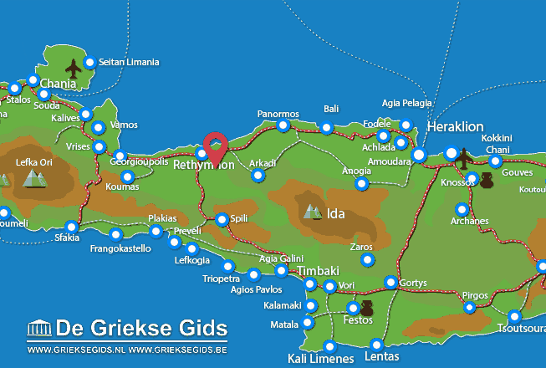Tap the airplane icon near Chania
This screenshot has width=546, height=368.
coord(73,68)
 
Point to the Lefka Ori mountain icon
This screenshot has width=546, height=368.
coord(34,178)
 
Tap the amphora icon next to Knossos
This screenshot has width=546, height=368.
coord(486,180)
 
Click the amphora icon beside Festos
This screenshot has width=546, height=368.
coord(365,309)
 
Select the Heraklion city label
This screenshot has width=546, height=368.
coord(455,126)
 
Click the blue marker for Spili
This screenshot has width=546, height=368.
coord(222,220)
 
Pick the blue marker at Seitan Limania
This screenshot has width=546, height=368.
coord(89,62)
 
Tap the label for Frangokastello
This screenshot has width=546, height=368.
coord(120,248)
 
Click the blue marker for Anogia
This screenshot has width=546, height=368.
coord(361,183)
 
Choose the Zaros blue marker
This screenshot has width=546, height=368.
coord(367,260)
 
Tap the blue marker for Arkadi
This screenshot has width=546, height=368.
coord(258,176)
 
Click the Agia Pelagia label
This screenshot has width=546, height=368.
coord(407,103)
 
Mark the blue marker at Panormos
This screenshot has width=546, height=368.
coord(283,125)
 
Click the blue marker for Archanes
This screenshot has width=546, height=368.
coord(461,209)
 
